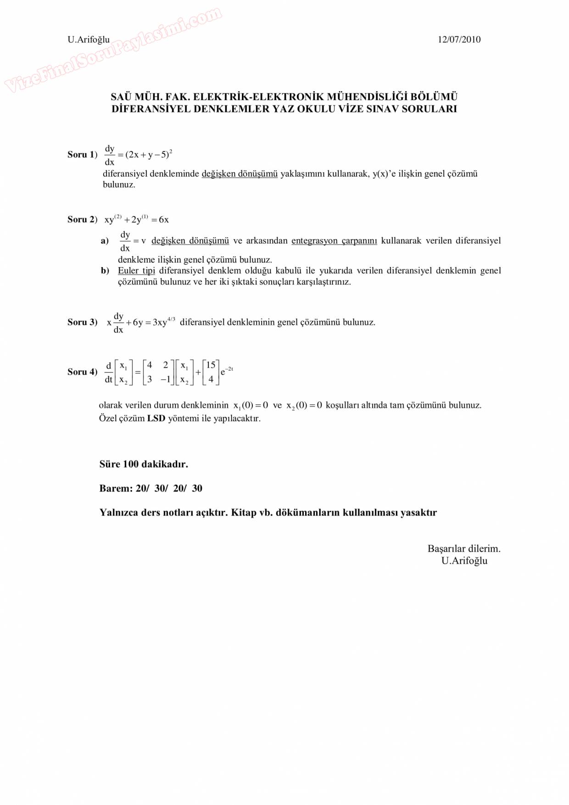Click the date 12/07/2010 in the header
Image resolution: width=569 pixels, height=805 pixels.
coord(459,39)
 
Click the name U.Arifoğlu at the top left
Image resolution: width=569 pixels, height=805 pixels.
coord(89,39)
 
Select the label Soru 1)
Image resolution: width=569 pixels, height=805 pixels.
coord(82,155)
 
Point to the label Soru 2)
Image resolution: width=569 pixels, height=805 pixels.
coord(82,219)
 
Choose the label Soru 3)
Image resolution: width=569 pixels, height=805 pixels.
coord(82,322)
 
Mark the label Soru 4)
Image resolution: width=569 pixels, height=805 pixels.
coord(82,372)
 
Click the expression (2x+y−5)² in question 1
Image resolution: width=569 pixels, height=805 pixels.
coord(148,154)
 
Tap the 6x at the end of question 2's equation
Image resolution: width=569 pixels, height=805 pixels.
coord(164,220)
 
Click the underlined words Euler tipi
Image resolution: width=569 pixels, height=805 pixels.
coord(136,271)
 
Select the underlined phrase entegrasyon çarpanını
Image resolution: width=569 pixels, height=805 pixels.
coord(334,241)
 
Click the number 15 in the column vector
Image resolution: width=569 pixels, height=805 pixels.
coord(211,365)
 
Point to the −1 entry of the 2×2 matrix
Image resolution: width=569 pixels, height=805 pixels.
coord(165,380)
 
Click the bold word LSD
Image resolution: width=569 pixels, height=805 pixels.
coord(156,419)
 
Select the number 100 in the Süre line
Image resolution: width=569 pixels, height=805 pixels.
coord(131,464)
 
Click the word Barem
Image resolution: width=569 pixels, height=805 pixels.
coord(115,488)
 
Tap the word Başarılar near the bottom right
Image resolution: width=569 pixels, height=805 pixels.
coord(444,549)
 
